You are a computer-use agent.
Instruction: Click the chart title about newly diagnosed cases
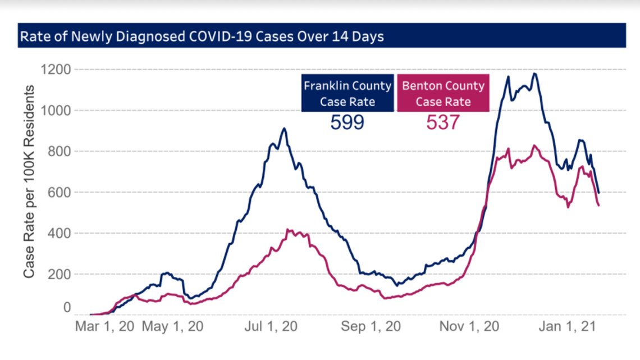[202, 36]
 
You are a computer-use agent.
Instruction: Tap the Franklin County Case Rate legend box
[348, 93]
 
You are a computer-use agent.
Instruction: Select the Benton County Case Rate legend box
[443, 93]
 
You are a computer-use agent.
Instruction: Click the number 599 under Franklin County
[347, 122]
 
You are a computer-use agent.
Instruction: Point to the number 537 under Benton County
[442, 122]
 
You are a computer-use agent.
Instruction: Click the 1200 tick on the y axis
[54, 70]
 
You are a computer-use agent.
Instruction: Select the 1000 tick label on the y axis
[54, 111]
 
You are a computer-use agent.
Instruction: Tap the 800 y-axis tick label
[59, 152]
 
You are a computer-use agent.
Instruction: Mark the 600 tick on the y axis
[59, 193]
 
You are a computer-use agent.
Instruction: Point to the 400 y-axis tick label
[59, 233]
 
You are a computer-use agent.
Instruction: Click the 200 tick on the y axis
[59, 274]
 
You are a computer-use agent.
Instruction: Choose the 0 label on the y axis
[67, 308]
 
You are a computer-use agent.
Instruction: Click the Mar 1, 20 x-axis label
[105, 327]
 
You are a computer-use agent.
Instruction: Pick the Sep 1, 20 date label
[372, 327]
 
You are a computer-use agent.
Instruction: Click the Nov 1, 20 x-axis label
[470, 327]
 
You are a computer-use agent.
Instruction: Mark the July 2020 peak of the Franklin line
[285, 129]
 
